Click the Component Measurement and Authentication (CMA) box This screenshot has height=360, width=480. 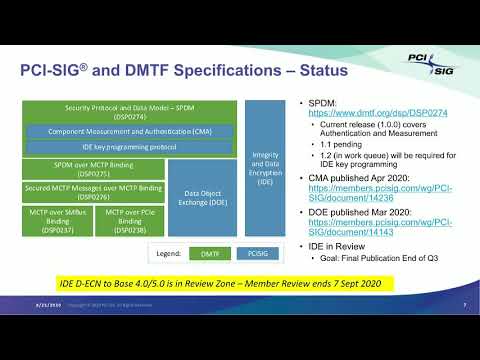click(129, 130)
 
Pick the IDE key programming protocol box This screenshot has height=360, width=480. click(129, 146)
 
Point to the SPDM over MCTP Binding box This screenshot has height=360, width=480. click(94, 167)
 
